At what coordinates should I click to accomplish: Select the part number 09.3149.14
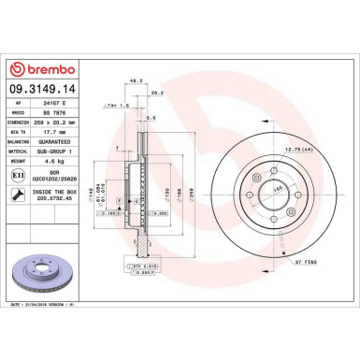pyautogui.click(x=42, y=90)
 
